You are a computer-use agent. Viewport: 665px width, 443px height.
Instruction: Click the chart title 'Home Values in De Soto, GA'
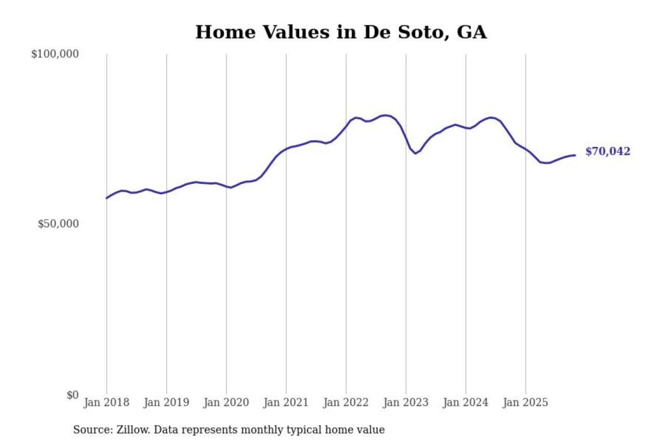pos(341,32)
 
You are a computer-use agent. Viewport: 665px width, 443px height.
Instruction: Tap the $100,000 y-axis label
pos(55,54)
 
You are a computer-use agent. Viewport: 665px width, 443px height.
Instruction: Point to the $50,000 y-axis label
pos(58,224)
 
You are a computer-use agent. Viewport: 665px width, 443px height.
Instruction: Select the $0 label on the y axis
pos(73,395)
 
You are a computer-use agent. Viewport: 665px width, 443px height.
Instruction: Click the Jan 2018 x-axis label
pos(107,402)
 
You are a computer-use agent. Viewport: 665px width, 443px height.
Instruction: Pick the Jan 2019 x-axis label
pos(166,402)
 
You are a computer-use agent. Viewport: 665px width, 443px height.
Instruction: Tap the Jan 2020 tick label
pos(226,402)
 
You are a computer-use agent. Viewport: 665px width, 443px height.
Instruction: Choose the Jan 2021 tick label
pos(286,402)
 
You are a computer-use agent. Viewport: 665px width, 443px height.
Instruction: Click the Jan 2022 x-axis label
pos(346,402)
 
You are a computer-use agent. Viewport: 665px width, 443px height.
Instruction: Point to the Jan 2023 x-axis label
pos(406,402)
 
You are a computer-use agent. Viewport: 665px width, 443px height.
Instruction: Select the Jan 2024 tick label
pos(465,402)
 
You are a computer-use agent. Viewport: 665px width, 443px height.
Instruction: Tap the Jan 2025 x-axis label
pos(526,402)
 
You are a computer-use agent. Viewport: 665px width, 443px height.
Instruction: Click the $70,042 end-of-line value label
pos(608,151)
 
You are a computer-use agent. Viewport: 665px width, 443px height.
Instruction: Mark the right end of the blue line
pos(575,155)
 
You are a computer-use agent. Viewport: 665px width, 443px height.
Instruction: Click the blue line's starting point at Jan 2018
pos(107,198)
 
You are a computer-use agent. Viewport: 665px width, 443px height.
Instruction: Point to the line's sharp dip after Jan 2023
pos(416,153)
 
